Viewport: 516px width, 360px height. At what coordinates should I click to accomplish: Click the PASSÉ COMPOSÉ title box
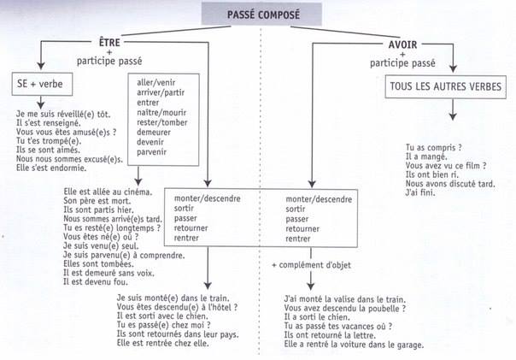261,14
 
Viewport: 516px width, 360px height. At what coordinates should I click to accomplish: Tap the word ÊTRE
109,43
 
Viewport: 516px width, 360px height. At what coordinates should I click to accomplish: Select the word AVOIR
402,44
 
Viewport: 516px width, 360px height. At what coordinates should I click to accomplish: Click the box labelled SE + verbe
42,84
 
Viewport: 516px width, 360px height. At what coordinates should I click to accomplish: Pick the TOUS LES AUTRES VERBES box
446,86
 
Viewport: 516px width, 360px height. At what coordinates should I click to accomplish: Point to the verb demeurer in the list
154,133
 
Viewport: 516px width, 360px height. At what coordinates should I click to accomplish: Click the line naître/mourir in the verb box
161,113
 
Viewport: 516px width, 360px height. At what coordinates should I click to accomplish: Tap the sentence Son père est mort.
97,201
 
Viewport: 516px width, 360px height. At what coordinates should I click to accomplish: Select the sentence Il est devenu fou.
96,282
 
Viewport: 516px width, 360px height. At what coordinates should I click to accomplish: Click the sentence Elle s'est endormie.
51,168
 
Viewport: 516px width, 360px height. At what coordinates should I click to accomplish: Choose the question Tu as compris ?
434,148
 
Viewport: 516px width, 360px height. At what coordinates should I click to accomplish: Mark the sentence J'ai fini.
420,192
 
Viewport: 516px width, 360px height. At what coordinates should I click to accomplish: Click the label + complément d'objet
311,265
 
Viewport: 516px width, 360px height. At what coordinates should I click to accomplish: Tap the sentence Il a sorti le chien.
317,317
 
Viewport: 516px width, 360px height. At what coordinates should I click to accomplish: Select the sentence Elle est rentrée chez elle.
162,343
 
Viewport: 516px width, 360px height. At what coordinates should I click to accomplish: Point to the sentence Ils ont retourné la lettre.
330,335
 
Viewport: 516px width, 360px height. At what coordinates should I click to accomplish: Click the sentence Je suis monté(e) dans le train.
173,298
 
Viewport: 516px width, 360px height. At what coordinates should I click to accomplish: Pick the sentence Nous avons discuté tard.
450,184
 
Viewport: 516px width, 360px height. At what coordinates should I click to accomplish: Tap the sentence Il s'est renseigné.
49,123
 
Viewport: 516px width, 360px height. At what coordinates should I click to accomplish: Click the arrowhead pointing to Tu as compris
453,116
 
